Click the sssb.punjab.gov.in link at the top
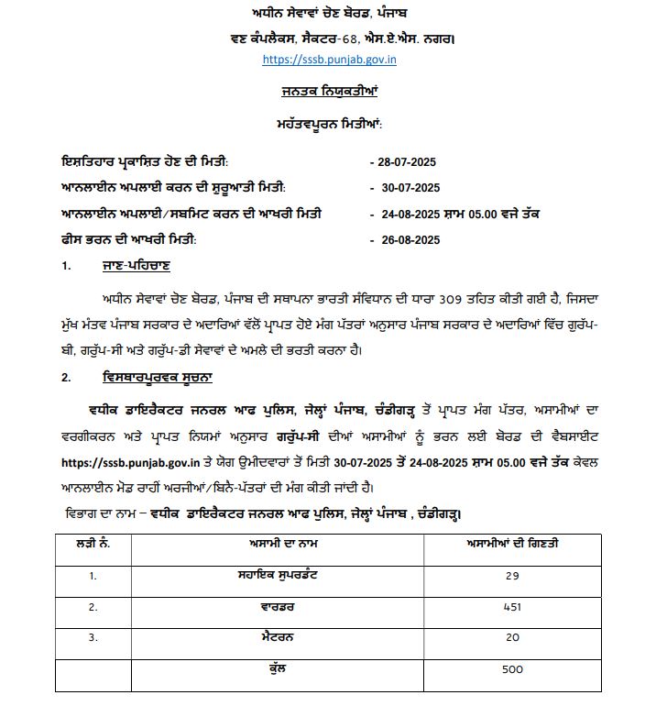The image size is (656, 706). click(x=329, y=60)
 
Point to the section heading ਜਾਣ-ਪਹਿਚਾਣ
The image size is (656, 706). click(x=137, y=267)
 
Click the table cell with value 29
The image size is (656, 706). click(x=512, y=576)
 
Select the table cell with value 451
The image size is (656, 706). click(x=512, y=607)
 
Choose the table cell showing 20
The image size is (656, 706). click(x=512, y=638)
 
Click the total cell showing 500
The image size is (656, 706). click(x=512, y=669)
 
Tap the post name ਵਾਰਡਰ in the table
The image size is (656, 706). click(x=290, y=607)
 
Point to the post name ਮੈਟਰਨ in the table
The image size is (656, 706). click(x=290, y=638)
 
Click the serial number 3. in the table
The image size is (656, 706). click(x=93, y=638)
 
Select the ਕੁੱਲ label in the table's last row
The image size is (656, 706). click(x=290, y=669)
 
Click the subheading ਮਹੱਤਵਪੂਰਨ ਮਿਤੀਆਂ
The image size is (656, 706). click(x=329, y=123)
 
